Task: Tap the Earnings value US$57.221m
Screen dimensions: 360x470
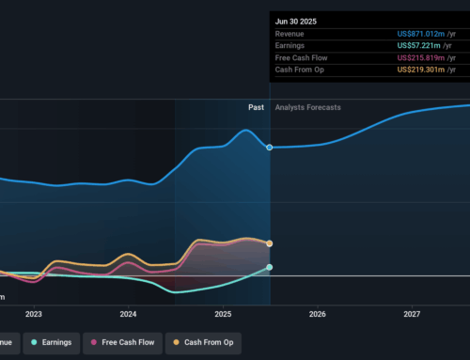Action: point(425,45)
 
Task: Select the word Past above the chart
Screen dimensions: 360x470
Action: point(256,107)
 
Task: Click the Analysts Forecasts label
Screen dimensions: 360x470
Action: point(308,107)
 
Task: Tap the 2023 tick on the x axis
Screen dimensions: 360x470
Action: point(34,315)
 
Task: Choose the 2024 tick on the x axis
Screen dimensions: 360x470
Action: point(129,315)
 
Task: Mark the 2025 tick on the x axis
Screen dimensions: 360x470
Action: point(223,315)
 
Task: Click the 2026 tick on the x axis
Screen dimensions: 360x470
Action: point(318,315)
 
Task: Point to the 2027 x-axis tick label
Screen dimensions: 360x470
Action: point(412,315)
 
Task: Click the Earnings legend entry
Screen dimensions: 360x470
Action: point(51,342)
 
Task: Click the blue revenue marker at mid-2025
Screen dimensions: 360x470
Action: point(270,148)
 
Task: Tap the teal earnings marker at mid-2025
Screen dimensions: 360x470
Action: point(270,267)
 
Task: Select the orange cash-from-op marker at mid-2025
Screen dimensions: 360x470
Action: point(270,243)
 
